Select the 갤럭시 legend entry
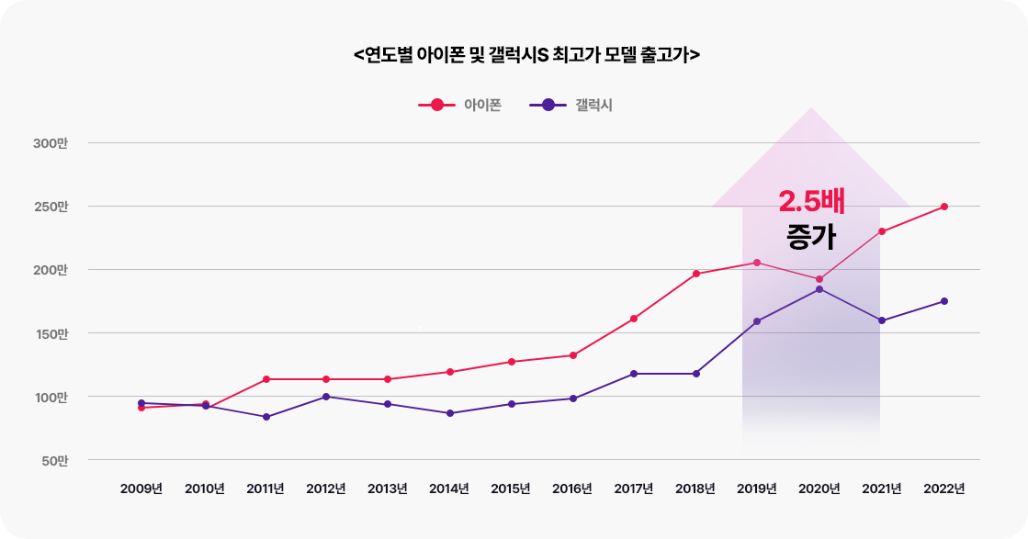[x=570, y=105]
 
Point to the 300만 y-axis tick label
[x=51, y=143]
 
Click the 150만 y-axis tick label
[x=51, y=333]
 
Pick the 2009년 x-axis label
[x=141, y=488]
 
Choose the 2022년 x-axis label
[x=944, y=488]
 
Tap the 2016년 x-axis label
[x=572, y=488]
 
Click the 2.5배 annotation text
[x=811, y=202]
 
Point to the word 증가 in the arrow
[x=811, y=238]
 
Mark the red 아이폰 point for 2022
[x=944, y=207]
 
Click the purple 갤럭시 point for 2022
[x=944, y=301]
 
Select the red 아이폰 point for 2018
[x=696, y=274]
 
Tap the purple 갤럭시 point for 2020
[x=819, y=289]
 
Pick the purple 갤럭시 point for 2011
[x=266, y=417]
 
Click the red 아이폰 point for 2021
[x=882, y=231]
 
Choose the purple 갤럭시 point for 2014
[x=450, y=413]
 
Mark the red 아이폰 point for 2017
[x=634, y=319]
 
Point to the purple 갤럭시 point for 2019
[x=757, y=321]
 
